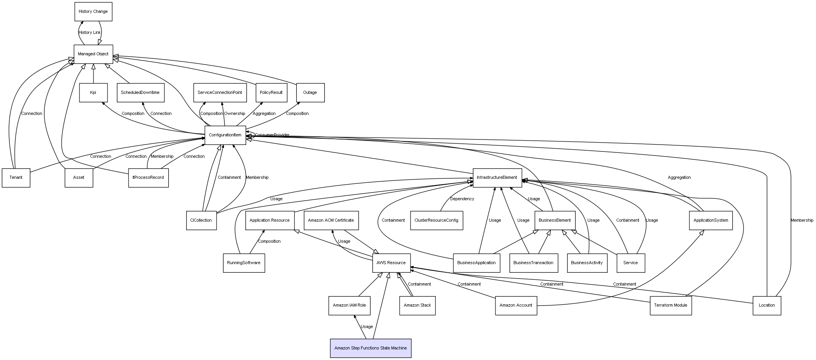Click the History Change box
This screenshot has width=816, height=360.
click(x=93, y=12)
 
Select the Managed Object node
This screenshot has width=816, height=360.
click(x=93, y=54)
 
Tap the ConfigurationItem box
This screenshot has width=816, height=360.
click(x=225, y=135)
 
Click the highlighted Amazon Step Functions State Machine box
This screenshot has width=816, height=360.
click(x=370, y=348)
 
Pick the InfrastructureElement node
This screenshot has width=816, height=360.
click(x=497, y=178)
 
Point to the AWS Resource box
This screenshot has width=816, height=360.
click(x=391, y=263)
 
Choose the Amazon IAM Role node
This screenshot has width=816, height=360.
click(x=349, y=305)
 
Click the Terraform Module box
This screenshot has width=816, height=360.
click(x=670, y=305)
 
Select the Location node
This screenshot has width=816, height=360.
click(x=767, y=305)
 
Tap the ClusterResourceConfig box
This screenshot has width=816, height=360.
click(x=436, y=221)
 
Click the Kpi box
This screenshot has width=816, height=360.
click(x=93, y=93)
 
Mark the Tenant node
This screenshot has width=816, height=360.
click(x=16, y=178)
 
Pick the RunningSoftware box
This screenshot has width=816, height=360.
click(x=244, y=263)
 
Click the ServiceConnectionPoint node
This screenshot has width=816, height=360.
click(x=220, y=93)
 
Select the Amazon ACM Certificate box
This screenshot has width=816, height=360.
click(x=331, y=221)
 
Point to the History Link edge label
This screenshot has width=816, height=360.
click(x=90, y=33)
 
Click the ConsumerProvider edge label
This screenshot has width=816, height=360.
click(x=272, y=135)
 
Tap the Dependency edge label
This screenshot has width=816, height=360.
click(x=462, y=199)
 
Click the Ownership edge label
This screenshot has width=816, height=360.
click(x=234, y=114)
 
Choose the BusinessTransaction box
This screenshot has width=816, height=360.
click(x=533, y=263)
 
